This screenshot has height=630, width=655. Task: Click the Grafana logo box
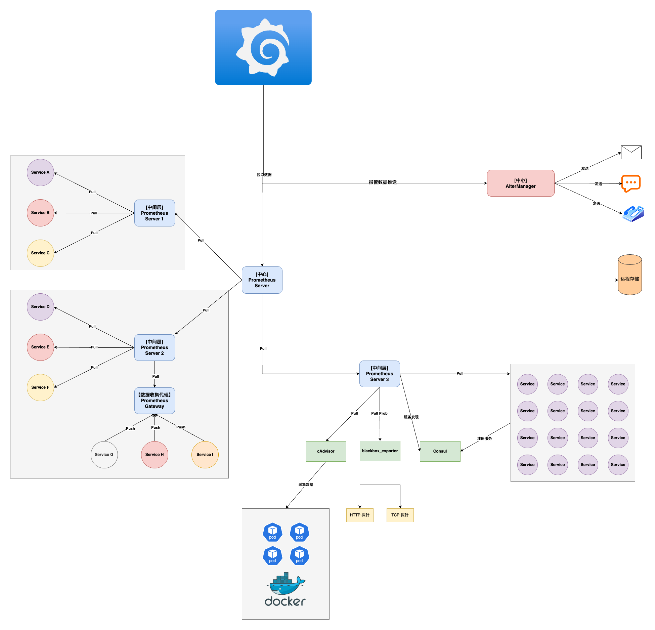coord(263,47)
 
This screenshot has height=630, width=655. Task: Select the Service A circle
coord(40,172)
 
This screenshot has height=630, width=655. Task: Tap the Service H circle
coord(155,455)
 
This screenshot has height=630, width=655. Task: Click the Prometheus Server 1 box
coord(155,213)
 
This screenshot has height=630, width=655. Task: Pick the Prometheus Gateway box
coord(155,401)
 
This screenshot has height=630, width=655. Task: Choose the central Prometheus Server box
coord(262,280)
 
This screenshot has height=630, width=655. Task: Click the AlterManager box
coord(521,183)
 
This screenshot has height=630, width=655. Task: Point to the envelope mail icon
coord(631,152)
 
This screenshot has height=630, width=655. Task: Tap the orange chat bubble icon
coord(631,183)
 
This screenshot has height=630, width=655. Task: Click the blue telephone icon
coord(633,214)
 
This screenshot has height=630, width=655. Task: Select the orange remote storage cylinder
coord(630,275)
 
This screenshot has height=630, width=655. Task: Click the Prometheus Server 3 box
coord(380,374)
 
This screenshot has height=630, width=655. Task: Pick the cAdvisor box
coord(326,451)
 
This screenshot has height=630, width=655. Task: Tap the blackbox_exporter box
coord(380,451)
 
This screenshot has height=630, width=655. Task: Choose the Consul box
coord(440,451)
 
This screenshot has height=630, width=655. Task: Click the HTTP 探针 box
coord(360,515)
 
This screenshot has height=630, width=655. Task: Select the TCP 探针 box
coord(400,515)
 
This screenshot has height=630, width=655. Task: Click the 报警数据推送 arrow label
coord(383,182)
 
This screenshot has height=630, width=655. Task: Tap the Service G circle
coord(104,455)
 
